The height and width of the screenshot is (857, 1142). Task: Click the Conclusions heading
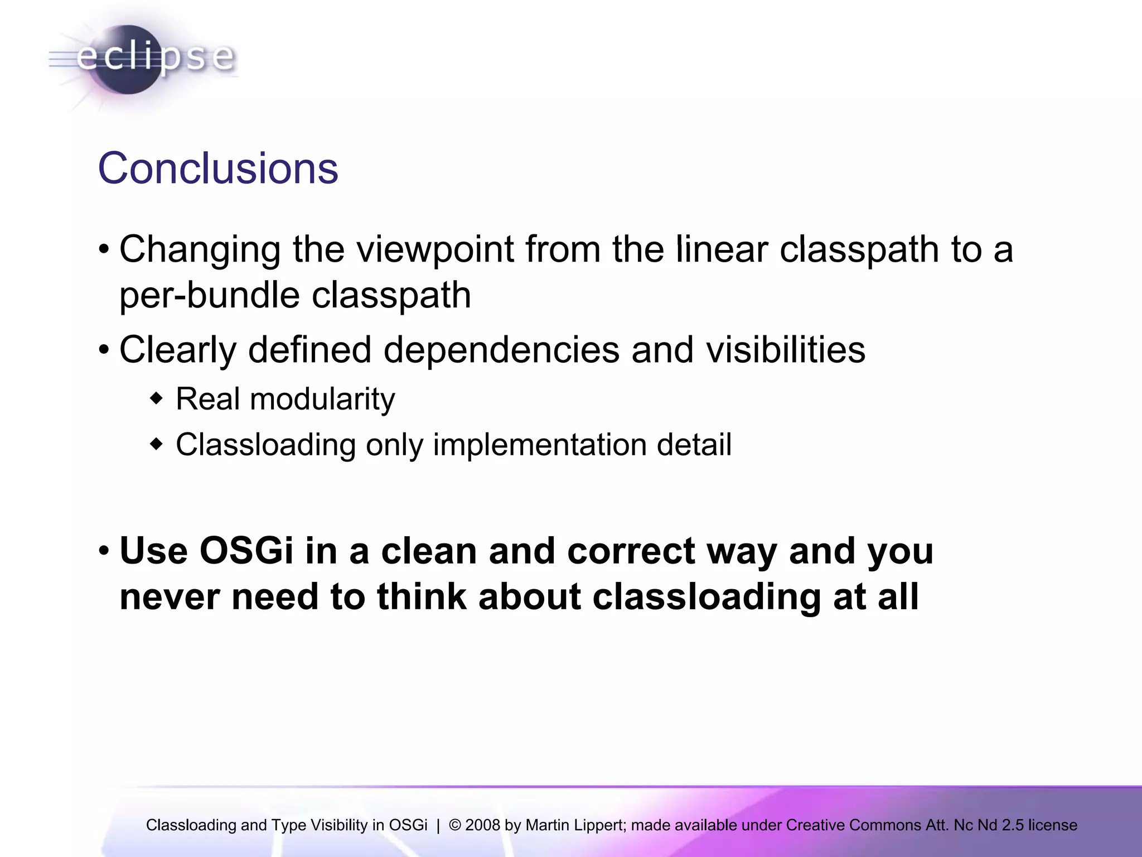click(x=218, y=168)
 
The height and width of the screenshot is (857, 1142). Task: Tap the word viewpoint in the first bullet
click(x=435, y=249)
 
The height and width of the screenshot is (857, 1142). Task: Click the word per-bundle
click(x=209, y=296)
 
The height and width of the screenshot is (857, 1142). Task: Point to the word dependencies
click(x=501, y=350)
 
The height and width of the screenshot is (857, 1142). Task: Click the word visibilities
click(x=786, y=350)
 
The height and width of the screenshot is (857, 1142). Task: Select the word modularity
click(x=322, y=399)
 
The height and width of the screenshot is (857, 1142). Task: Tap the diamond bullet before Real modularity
click(x=157, y=399)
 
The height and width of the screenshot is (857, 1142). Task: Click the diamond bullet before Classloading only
click(x=157, y=445)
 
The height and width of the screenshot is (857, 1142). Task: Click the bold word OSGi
click(x=246, y=551)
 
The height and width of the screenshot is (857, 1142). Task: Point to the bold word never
click(x=170, y=596)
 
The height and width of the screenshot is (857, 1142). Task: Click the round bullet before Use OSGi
click(x=104, y=552)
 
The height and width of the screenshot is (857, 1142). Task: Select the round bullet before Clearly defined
click(x=104, y=351)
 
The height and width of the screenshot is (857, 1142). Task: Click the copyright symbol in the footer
click(x=455, y=825)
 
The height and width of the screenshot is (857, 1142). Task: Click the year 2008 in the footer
click(x=482, y=825)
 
